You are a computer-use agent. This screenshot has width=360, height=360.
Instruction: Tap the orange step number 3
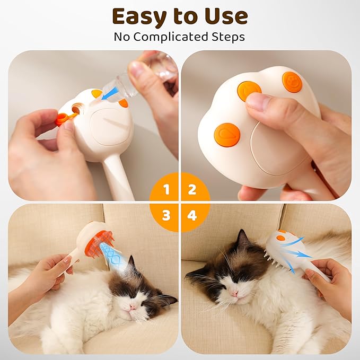[166, 215]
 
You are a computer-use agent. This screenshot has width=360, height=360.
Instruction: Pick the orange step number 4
[192, 215]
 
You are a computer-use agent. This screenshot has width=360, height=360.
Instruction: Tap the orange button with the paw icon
[292, 82]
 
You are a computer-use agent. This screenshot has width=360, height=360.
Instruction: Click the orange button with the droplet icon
[227, 135]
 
